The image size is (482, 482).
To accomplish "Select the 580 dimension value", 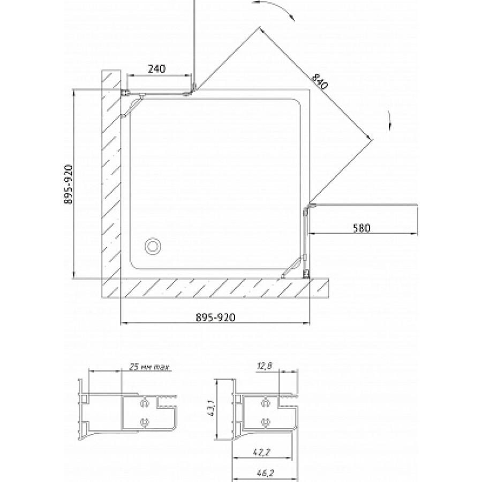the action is (362, 228).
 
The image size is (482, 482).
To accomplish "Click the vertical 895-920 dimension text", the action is (68, 184).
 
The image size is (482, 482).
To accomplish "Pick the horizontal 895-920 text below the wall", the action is (216, 317).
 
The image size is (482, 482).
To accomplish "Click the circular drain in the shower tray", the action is (153, 246).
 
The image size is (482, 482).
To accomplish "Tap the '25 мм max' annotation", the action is (149, 367).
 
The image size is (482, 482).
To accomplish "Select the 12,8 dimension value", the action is (265, 366).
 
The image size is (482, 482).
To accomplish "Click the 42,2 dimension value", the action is (261, 452).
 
